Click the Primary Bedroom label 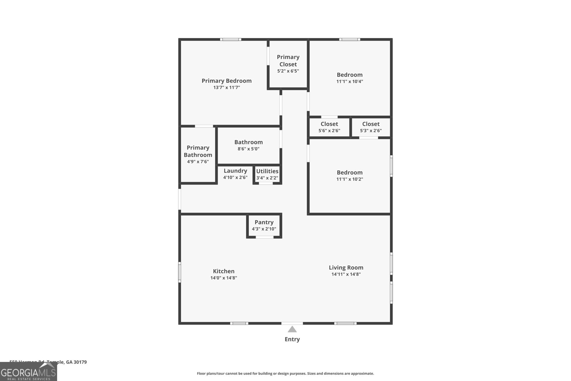(226, 81)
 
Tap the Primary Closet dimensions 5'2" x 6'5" (288, 71)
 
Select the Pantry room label (264, 222)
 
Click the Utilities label (267, 171)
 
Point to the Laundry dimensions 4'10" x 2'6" (235, 177)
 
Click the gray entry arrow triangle (292, 329)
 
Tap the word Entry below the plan (292, 339)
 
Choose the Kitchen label (223, 271)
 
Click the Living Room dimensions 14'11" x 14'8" (346, 274)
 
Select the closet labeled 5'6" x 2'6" (329, 127)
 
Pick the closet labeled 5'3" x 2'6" (371, 127)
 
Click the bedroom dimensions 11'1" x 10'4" (349, 81)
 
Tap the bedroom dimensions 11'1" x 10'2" (349, 179)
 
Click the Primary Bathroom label (198, 151)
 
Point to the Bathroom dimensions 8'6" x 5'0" (248, 149)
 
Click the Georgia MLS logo (28, 372)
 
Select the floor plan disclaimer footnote (285, 374)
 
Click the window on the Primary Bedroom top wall (230, 39)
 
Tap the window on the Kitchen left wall (180, 272)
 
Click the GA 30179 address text (76, 362)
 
